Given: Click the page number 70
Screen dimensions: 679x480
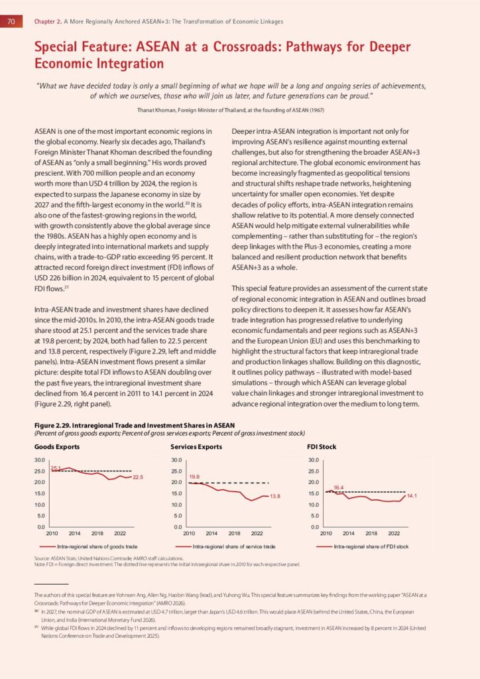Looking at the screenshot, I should coord(11,21).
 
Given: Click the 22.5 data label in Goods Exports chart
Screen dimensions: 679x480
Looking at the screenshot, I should coord(138,477).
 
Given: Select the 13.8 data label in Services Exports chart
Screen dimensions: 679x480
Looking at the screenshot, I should coord(275,497).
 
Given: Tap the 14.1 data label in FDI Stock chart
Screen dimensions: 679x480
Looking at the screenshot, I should coord(412,496).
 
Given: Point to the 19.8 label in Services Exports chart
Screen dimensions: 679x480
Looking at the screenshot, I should coord(194,477).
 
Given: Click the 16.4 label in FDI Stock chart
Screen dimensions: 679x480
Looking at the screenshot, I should coord(338,487).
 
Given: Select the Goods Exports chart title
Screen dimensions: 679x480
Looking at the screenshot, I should coord(54,447).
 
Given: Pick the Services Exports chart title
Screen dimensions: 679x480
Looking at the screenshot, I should coord(196,447).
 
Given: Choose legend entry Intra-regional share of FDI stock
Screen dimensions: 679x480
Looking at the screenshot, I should coord(370,547).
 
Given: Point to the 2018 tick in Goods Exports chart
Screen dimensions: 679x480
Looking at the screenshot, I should coord(97,533).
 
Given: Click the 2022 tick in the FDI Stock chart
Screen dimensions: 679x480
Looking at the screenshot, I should coord(394,533).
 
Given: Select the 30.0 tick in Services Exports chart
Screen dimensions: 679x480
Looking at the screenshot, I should coord(177,460).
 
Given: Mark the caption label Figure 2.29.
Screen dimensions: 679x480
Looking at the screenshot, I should coord(52,424).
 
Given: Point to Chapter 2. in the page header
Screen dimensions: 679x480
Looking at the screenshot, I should coord(48,21).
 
